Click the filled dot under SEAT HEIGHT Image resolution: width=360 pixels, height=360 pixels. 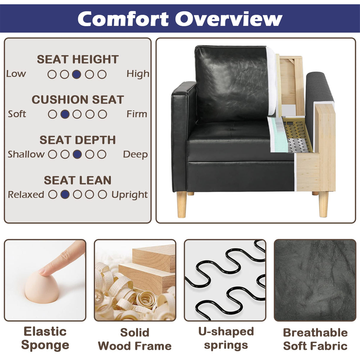click(77, 74)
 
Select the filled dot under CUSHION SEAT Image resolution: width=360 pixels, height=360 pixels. click(65, 114)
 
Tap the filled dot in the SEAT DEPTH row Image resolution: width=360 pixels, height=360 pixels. click(77, 154)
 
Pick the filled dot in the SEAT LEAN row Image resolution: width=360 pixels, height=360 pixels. click(65, 195)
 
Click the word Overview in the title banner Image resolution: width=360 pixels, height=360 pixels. click(228, 19)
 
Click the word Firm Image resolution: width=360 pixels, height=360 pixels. click(137, 114)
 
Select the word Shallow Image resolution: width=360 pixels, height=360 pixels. click(26, 154)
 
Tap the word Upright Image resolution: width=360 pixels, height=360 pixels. click(130, 195)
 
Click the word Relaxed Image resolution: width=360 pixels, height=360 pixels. click(26, 195)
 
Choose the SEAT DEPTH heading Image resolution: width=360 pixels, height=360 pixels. click(78, 140)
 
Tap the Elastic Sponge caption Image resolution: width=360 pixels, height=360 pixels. click(45, 338)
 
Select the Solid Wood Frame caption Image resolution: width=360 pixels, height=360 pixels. click(135, 339)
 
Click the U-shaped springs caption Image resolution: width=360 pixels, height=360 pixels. click(226, 338)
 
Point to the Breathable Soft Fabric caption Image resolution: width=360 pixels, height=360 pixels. click(315, 339)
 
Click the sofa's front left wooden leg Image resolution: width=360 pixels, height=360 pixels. click(182, 205)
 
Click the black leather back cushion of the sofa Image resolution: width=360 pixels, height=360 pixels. click(231, 83)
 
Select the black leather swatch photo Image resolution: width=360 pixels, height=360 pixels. click(315, 280)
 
